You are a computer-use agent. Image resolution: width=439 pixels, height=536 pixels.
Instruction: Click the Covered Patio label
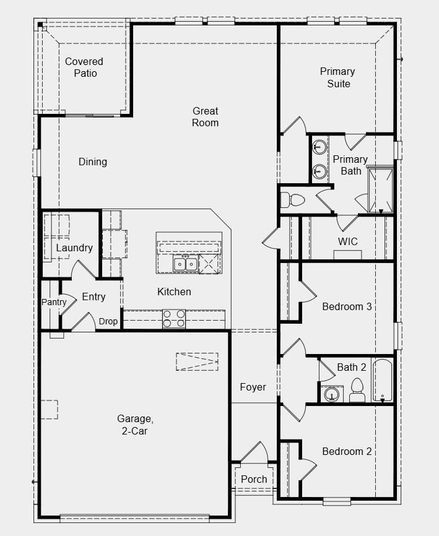pyautogui.click(x=84, y=67)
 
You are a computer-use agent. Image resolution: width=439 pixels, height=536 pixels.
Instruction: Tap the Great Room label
pyautogui.click(x=205, y=117)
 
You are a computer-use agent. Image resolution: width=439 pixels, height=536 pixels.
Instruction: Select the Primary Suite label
pyautogui.click(x=338, y=77)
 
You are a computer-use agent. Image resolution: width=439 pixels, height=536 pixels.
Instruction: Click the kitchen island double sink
pyautogui.click(x=185, y=264)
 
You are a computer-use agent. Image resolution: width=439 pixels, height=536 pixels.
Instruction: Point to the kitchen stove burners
pyautogui.click(x=174, y=319)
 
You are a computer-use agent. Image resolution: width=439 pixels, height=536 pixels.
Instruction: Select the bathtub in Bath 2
pyautogui.click(x=383, y=380)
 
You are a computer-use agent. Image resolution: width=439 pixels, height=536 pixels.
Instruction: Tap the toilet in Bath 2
pyautogui.click(x=356, y=389)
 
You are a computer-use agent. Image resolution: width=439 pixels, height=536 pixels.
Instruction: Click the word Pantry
pyautogui.click(x=54, y=302)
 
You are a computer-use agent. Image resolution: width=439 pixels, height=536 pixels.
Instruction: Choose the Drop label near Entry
pyautogui.click(x=108, y=321)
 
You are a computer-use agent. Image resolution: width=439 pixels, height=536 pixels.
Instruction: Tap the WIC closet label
pyautogui.click(x=347, y=241)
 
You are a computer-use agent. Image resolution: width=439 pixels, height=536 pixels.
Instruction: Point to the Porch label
pyautogui.click(x=254, y=479)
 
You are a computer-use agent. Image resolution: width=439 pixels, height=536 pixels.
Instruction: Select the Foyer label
pyautogui.click(x=253, y=387)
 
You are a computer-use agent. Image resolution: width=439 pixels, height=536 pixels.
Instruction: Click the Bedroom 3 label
pyautogui.click(x=347, y=306)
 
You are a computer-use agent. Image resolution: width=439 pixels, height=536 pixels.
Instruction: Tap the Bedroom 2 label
pyautogui.click(x=347, y=451)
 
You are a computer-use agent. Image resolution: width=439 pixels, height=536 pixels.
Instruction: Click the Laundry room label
pyautogui.click(x=74, y=248)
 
